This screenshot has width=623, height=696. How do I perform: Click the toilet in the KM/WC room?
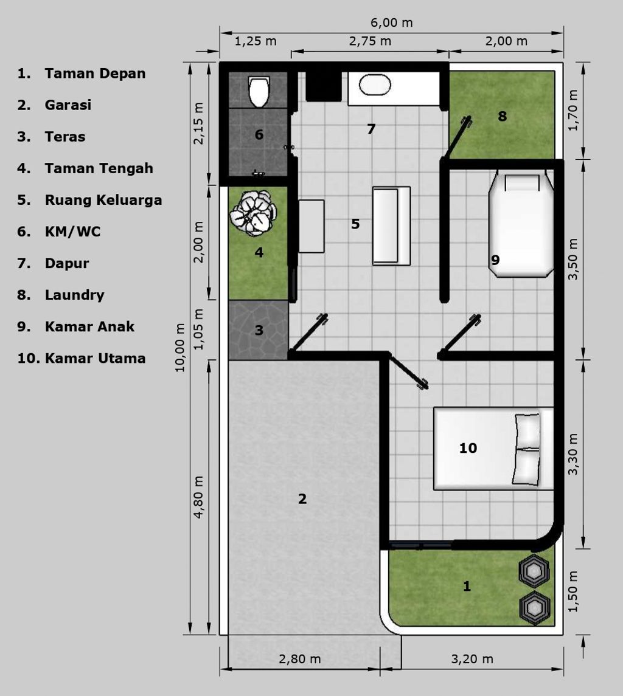pyautogui.click(x=259, y=91)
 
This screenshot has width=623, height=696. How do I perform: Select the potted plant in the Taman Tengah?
pyautogui.click(x=253, y=213)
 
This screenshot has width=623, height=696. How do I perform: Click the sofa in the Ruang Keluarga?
pyautogui.click(x=391, y=226)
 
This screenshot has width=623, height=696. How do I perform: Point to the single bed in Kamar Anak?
pyautogui.click(x=521, y=225)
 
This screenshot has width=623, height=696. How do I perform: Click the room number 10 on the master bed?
pyautogui.click(x=468, y=449)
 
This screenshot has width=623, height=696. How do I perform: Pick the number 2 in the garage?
pyautogui.click(x=302, y=499)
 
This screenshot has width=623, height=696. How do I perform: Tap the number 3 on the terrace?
pyautogui.click(x=259, y=331)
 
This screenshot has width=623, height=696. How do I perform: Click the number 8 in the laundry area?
pyautogui.click(x=502, y=116)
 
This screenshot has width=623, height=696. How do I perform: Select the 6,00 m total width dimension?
pyautogui.click(x=391, y=23)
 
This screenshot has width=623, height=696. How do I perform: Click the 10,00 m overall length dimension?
pyautogui.click(x=181, y=348)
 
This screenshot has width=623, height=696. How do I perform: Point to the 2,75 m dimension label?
pyautogui.click(x=370, y=41)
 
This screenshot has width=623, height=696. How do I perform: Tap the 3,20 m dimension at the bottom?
pyautogui.click(x=472, y=659)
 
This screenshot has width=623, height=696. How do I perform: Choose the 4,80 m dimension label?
pyautogui.click(x=198, y=497)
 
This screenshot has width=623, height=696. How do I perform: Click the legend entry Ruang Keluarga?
pyautogui.click(x=103, y=200)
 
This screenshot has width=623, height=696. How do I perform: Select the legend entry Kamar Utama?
pyautogui.click(x=95, y=358)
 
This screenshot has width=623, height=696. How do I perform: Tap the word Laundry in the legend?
pyautogui.click(x=74, y=295)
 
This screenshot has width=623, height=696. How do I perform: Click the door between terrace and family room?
pyautogui.click(x=308, y=334)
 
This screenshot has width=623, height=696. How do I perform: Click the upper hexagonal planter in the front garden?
pyautogui.click(x=534, y=570)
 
